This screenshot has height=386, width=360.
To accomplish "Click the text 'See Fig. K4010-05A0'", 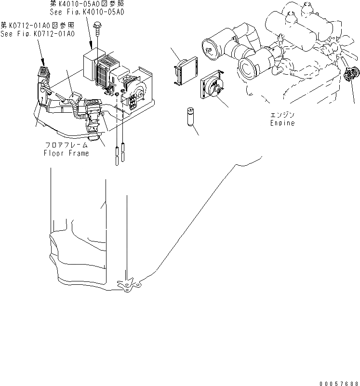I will [87, 12].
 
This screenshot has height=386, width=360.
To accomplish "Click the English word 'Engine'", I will [282, 123].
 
